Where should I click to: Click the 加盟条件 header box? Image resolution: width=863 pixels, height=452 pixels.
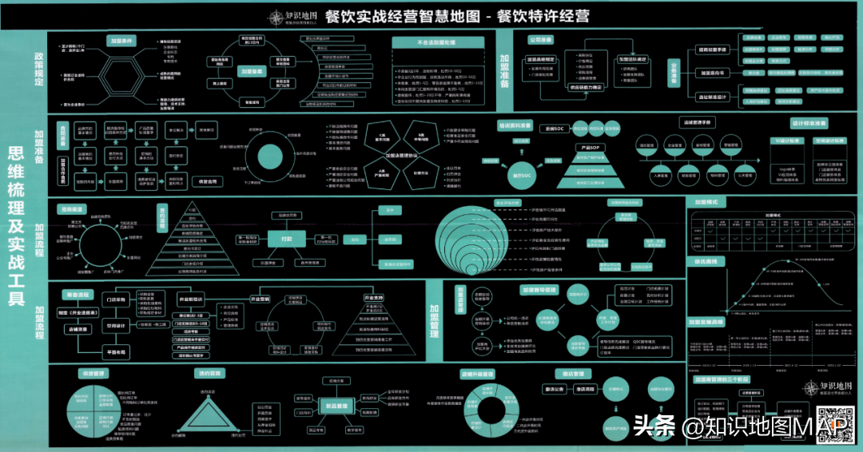coord(123,40)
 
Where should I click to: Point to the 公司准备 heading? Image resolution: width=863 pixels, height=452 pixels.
coord(541,39)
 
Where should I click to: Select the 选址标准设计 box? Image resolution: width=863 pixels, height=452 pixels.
coord(710,97)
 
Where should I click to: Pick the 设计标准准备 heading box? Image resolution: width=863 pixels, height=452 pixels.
coord(809,124)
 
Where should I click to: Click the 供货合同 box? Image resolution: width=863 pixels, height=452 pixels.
coord(207,181)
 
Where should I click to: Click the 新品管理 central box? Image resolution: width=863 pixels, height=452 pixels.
coord(336,406)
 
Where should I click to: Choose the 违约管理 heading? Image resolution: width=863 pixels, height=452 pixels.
coord(210,373)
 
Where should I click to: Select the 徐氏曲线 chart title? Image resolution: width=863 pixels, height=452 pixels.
coord(705,261)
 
